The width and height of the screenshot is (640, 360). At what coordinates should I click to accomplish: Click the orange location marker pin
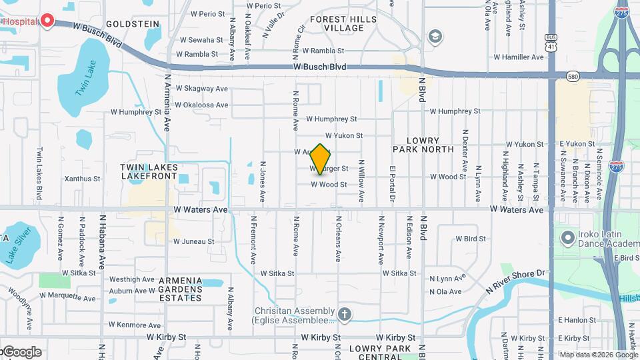tap(321, 159)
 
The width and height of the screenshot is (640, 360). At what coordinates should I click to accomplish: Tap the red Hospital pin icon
tap(47, 21)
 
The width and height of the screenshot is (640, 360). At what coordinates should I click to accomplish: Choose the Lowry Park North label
tap(425, 145)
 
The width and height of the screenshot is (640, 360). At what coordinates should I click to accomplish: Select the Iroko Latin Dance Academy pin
tap(568, 237)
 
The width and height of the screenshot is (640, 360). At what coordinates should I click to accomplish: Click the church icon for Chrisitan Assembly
tap(345, 313)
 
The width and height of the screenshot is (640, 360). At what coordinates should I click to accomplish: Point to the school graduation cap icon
tap(435, 36)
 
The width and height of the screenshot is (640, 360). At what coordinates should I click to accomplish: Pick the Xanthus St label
tap(82, 179)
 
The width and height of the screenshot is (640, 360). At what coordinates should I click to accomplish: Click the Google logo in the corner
tap(22, 352)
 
